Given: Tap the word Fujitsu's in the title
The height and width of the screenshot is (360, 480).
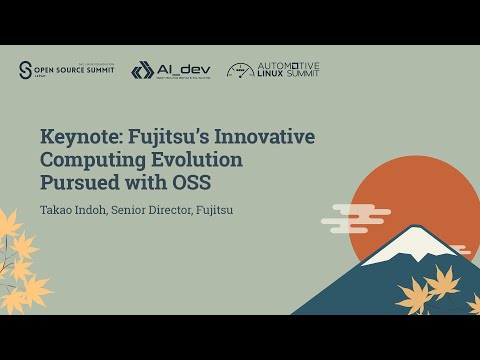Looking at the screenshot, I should click(160, 137).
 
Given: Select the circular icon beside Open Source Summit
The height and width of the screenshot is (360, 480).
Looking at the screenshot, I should click(26, 70).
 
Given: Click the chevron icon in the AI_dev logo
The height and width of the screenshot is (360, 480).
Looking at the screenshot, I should click(142, 71).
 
